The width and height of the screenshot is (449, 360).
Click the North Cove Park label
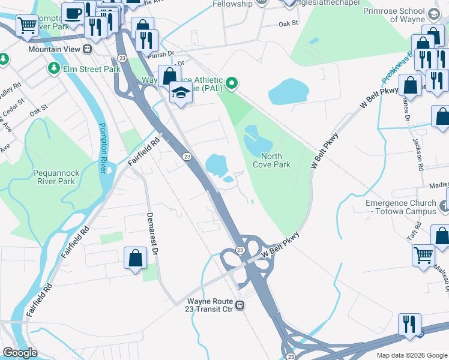pos(271,160)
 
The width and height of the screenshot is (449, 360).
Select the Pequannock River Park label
pos(56,176)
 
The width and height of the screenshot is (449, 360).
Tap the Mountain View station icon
pos(88,49)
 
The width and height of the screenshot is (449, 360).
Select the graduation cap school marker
pos(180,92)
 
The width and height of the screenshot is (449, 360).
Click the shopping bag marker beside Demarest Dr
pos(136,258)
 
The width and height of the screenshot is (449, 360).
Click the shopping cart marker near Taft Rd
pos(424,254)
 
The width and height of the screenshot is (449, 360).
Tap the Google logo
pos(20,353)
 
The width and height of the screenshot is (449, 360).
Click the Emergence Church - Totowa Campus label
pos(401,207)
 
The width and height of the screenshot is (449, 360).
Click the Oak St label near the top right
pos(288,24)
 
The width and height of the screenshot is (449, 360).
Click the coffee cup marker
pos(73,12)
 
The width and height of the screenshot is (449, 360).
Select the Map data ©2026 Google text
pos(411,355)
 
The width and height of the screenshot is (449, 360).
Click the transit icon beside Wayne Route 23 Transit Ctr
pos(240,305)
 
